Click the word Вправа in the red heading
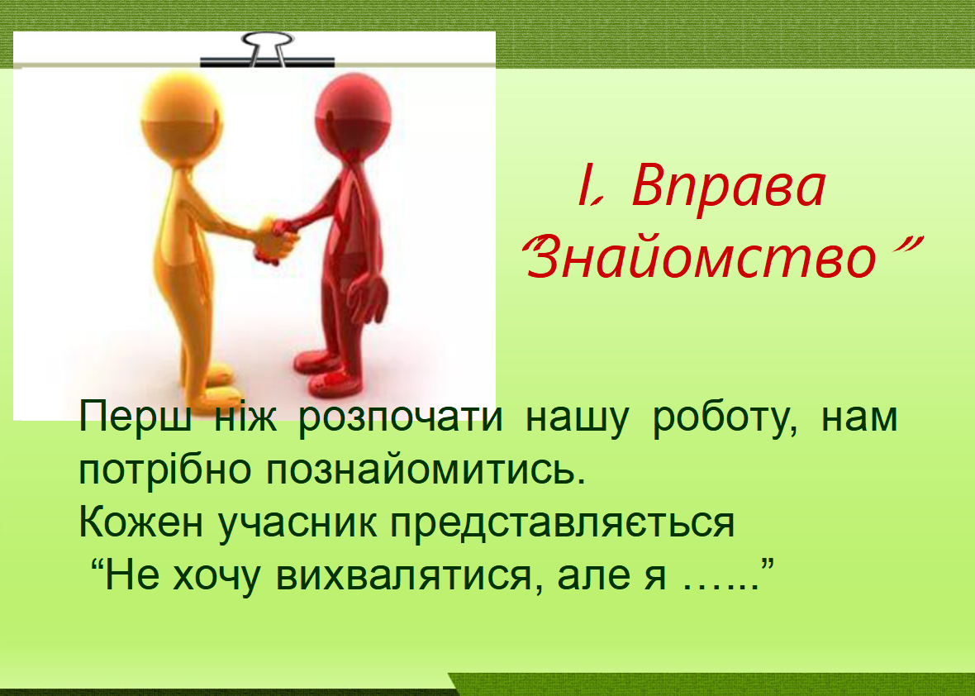coord(728,187)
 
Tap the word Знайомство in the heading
coord(702,258)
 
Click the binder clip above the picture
coord(268,49)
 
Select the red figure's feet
coord(328,373)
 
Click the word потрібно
coord(164,471)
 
